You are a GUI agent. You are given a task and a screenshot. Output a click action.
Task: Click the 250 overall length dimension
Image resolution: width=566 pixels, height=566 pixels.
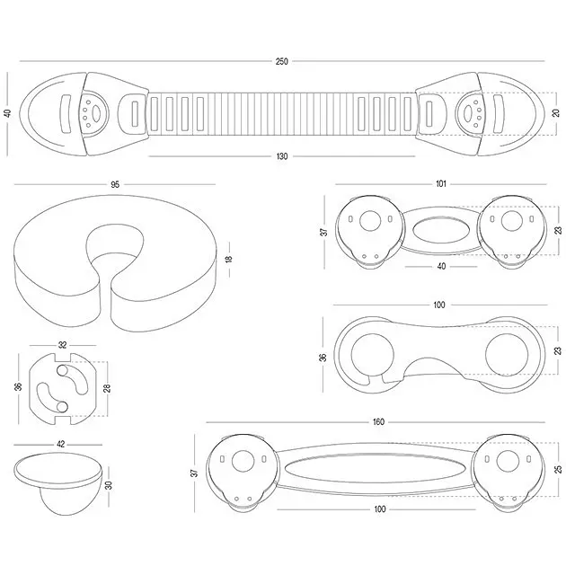pos(282,61)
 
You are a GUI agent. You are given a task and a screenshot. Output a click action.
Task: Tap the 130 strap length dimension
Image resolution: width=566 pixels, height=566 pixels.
pos(282,156)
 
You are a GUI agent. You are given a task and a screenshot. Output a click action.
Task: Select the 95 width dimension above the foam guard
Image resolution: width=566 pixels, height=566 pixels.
pos(115,184)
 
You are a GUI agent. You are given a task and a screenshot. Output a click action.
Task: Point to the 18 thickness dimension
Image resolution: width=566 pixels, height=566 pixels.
pos(229,259)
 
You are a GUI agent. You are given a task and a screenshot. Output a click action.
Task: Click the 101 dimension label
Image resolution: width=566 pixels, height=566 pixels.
pos(441,184)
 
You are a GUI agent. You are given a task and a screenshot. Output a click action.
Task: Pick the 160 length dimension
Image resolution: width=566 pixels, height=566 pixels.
pos(378,421)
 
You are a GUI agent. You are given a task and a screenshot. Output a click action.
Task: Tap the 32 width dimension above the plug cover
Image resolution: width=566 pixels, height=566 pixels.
pos(63,345)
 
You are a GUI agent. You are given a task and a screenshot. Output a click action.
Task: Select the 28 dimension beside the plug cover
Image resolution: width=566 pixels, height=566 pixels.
pos(107,388)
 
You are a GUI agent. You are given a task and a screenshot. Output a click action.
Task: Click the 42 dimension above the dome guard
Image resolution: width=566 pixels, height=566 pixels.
pos(61,444)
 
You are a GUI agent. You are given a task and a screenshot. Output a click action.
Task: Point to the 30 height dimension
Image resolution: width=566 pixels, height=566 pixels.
pos(109,485)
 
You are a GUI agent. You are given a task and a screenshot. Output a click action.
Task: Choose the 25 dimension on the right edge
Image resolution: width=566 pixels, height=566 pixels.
pos(559,469)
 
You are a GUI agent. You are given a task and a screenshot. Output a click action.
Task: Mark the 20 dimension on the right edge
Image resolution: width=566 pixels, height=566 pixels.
pos(556,112)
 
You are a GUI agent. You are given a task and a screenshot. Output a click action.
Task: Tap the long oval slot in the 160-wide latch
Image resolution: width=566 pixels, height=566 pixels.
pos(376,468)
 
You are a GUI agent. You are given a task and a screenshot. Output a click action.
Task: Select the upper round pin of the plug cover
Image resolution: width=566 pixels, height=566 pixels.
pos(62,371)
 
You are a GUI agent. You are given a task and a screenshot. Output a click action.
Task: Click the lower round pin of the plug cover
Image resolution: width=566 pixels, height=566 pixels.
pos(62,407)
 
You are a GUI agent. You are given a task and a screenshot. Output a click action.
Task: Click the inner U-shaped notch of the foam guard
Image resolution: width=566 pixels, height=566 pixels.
pos(115,245)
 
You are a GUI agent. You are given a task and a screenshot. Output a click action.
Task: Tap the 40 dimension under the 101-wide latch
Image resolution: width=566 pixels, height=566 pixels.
pos(441,267)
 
